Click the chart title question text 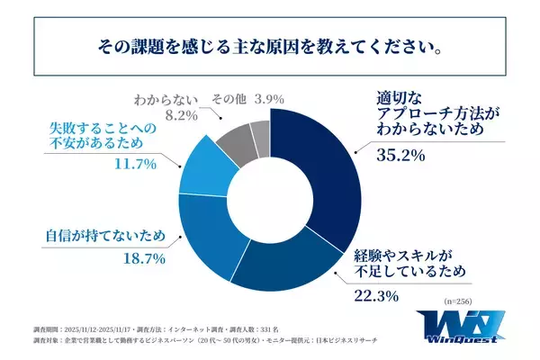270,44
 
